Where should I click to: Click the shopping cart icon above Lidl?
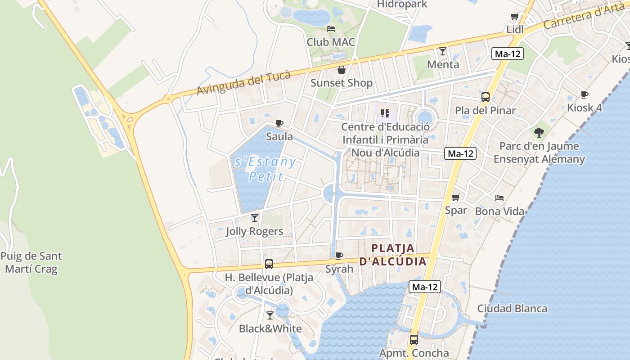point(515,17)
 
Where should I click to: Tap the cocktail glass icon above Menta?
point(443,51)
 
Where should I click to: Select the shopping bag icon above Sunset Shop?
point(342,70)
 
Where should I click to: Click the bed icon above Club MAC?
point(331,29)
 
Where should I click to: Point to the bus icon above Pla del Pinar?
point(485,97)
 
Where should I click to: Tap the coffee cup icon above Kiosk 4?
point(584,94)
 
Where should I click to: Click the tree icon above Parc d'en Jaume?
point(539,133)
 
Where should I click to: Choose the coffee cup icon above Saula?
point(279,123)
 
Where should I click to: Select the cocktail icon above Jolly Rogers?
point(255,218)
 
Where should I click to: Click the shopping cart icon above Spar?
point(455,197)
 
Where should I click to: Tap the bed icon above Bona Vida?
point(499,198)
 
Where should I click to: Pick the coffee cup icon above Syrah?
point(339,256)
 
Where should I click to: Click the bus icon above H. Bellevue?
point(269,264)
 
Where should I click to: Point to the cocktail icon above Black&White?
point(270,315)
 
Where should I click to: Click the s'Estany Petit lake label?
point(265,169)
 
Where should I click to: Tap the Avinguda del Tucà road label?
point(243,84)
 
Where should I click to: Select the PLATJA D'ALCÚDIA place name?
point(393,255)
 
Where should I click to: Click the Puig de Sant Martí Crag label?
point(31,263)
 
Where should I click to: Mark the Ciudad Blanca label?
point(512,309)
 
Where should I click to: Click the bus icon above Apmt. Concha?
point(414,340)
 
